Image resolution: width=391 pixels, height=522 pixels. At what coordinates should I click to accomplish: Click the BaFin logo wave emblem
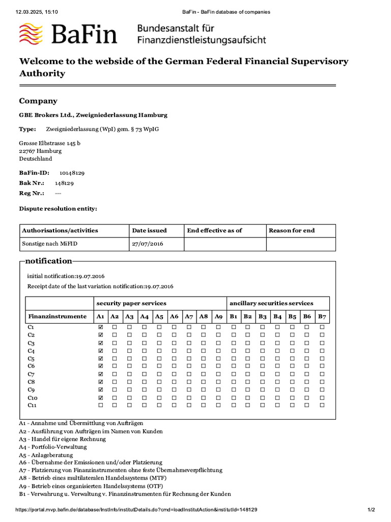coord(32,34)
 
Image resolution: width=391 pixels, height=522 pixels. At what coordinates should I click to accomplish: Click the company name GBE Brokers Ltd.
coord(93,115)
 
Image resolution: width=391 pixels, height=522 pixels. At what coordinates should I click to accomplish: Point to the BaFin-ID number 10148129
coord(72,173)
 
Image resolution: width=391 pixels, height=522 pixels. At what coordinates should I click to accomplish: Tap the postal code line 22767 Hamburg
coord(40,151)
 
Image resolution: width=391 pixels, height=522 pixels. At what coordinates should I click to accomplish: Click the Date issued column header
coord(149,230)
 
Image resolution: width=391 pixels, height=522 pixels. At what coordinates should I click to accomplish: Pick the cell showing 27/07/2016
coord(147,244)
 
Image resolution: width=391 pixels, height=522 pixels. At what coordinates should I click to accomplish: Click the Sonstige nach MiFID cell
coord(50,244)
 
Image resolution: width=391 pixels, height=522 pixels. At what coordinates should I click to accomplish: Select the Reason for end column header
coord(292,230)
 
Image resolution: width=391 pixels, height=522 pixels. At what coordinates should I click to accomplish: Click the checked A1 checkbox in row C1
coord(100,327)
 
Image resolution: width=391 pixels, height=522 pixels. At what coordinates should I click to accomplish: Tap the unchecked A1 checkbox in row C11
coord(100,405)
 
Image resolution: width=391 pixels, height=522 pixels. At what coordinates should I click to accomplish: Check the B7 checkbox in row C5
coord(322,358)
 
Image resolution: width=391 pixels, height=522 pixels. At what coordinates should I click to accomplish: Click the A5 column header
coord(159,317)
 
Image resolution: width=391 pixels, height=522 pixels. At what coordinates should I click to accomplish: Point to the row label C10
coord(33,398)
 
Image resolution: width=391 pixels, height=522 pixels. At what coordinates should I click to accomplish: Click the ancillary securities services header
coord(271,303)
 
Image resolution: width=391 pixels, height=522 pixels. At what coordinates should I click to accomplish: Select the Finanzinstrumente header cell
coord(57,317)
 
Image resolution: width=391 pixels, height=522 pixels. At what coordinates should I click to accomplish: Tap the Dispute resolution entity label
coord(58,208)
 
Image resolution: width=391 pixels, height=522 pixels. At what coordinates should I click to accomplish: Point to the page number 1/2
coord(371,510)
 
